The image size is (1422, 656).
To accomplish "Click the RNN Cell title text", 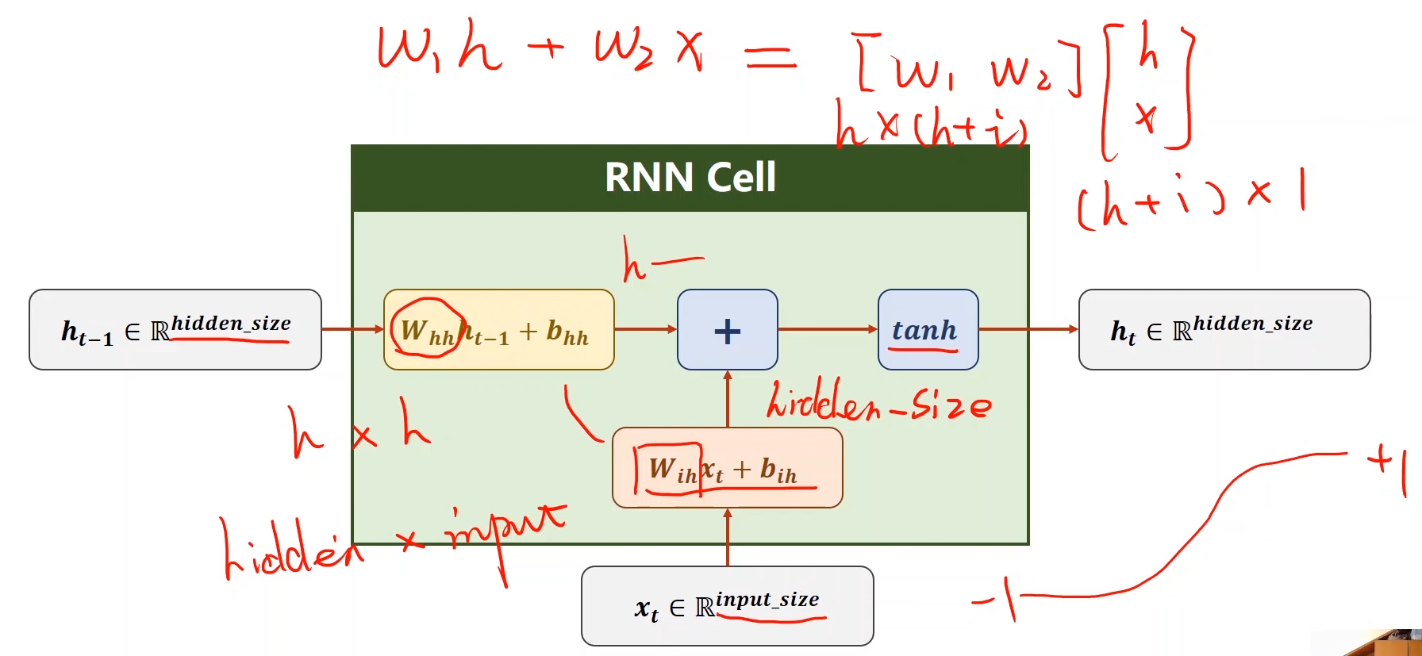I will [690, 177].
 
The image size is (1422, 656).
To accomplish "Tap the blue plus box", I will [727, 330].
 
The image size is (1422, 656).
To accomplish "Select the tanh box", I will [927, 330].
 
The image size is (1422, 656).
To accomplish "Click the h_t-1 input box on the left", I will [175, 330].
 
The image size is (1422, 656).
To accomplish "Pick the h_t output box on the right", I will [1224, 330].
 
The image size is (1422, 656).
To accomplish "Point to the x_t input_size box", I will [727, 607].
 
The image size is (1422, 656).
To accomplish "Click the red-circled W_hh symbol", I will [425, 329].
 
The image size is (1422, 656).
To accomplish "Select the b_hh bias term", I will [567, 332].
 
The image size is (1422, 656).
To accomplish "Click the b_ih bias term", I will [778, 470].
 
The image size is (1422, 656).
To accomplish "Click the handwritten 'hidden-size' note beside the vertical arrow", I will [878, 402].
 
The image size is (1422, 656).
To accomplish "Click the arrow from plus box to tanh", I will [827, 329].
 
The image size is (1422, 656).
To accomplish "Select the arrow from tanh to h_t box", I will [1028, 329].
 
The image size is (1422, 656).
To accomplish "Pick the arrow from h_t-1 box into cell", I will [352, 329].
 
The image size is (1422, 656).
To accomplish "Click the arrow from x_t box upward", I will [727, 537].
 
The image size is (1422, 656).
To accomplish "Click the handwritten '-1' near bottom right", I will [997, 599].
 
